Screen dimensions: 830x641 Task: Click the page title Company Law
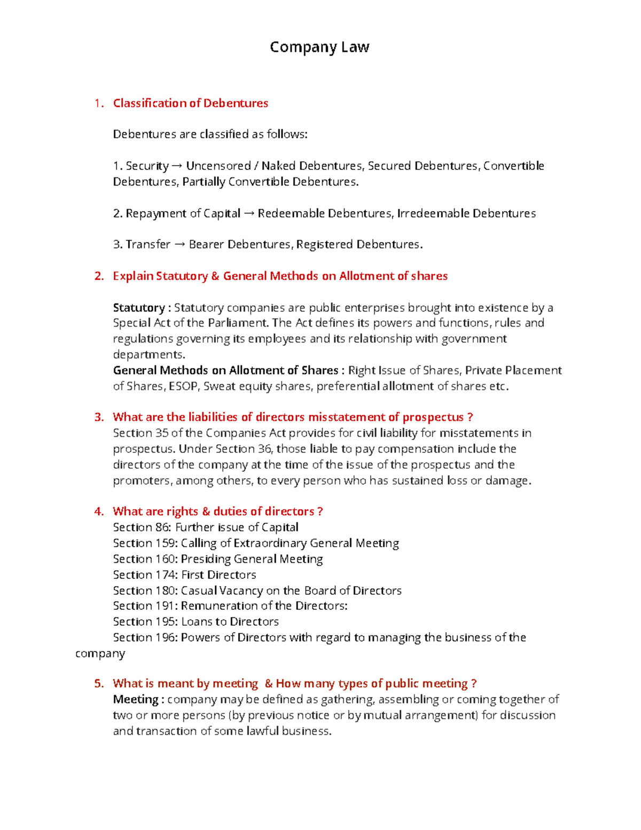[x=319, y=47]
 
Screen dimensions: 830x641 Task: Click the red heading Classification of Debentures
[x=190, y=103]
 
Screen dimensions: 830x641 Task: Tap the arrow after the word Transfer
[x=179, y=245]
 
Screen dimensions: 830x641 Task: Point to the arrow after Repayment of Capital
[x=249, y=214]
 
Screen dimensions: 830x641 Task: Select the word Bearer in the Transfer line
[x=207, y=245]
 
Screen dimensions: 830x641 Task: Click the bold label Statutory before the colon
[x=139, y=308]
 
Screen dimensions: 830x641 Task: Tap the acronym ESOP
[x=183, y=386]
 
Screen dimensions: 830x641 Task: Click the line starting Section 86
[x=206, y=528]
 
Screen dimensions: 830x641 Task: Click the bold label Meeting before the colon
[x=136, y=700]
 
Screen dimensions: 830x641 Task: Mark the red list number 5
[x=98, y=684]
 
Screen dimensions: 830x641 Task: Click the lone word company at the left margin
[x=100, y=654]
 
